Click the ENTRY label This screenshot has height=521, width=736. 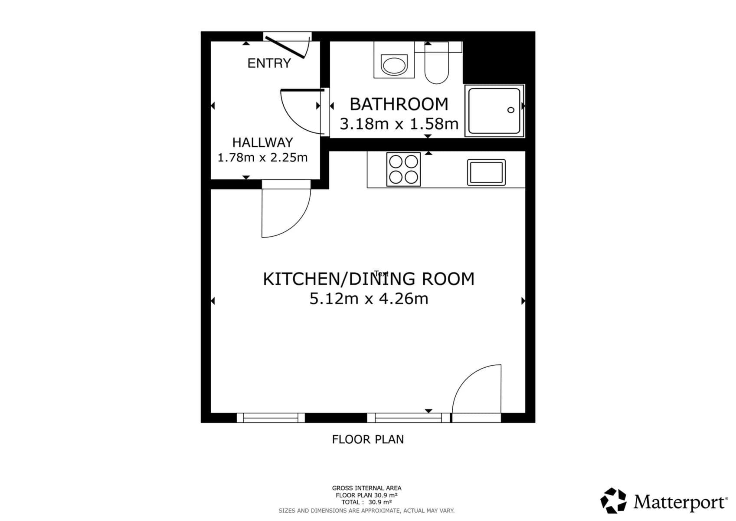269,63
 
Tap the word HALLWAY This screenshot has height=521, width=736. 262,142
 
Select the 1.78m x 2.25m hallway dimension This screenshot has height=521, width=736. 262,157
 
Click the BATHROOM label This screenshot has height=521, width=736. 399,104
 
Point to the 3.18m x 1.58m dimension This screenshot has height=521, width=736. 399,124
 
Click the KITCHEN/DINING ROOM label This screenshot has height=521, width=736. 369,279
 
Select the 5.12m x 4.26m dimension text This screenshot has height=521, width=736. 369,299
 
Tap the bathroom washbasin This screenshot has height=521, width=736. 394,66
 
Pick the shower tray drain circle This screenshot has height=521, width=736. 511,110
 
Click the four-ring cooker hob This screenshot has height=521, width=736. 403,169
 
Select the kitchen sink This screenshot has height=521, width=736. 486,172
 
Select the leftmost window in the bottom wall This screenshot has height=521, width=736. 271,418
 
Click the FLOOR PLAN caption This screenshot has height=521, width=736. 368,439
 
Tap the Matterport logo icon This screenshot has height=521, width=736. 613,501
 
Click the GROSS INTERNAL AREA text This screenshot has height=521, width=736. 366,488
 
